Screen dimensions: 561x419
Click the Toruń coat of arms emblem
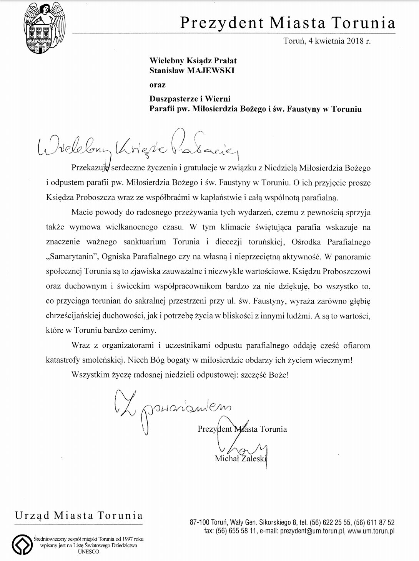[x=43, y=28]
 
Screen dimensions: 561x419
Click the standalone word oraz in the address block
[x=157, y=85]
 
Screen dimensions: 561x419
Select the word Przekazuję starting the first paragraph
[x=91, y=168]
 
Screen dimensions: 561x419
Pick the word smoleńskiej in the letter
[x=102, y=360]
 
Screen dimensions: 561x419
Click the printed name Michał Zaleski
[x=240, y=458]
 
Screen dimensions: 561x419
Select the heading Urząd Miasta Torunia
[x=79, y=515]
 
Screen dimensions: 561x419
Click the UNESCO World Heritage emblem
[x=22, y=544]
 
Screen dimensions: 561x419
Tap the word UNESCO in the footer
[x=88, y=552]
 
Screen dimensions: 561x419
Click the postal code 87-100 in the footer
[x=200, y=522]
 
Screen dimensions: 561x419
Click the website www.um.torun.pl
[x=371, y=531]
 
